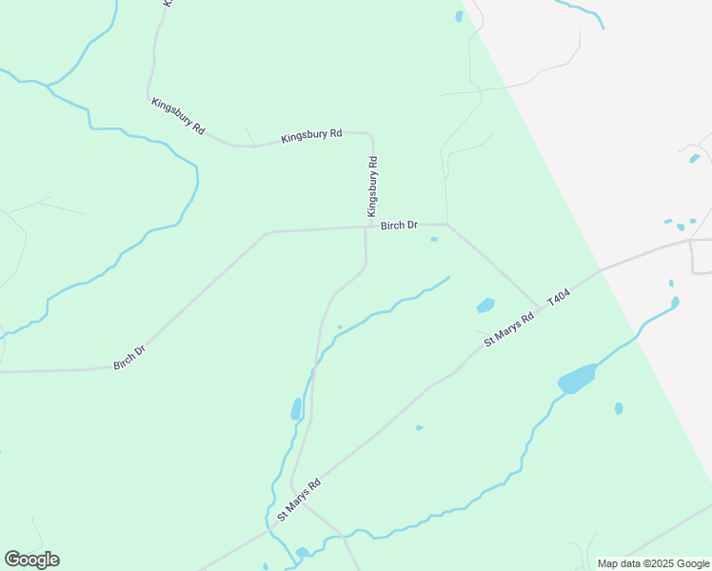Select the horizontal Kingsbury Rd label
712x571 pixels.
pos(311,136)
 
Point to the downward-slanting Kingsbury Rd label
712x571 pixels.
pos(178,113)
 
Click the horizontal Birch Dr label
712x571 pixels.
pos(399,226)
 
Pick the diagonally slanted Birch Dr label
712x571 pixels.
pos(129,357)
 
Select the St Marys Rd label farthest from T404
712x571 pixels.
pos(299,501)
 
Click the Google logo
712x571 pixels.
pos(31,560)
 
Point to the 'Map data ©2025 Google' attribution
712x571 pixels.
pos(654,563)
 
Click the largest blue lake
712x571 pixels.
pos(576,379)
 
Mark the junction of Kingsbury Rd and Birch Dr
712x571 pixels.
pos(366,227)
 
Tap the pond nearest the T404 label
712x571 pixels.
pos(485,305)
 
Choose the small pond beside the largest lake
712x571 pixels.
pos(619,408)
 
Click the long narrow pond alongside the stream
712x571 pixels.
pos(295,409)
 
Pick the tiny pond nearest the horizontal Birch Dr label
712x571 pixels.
pos(434,239)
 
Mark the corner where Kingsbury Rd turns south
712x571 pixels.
pos(370,134)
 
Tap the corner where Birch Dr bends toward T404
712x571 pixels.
pos(448,225)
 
